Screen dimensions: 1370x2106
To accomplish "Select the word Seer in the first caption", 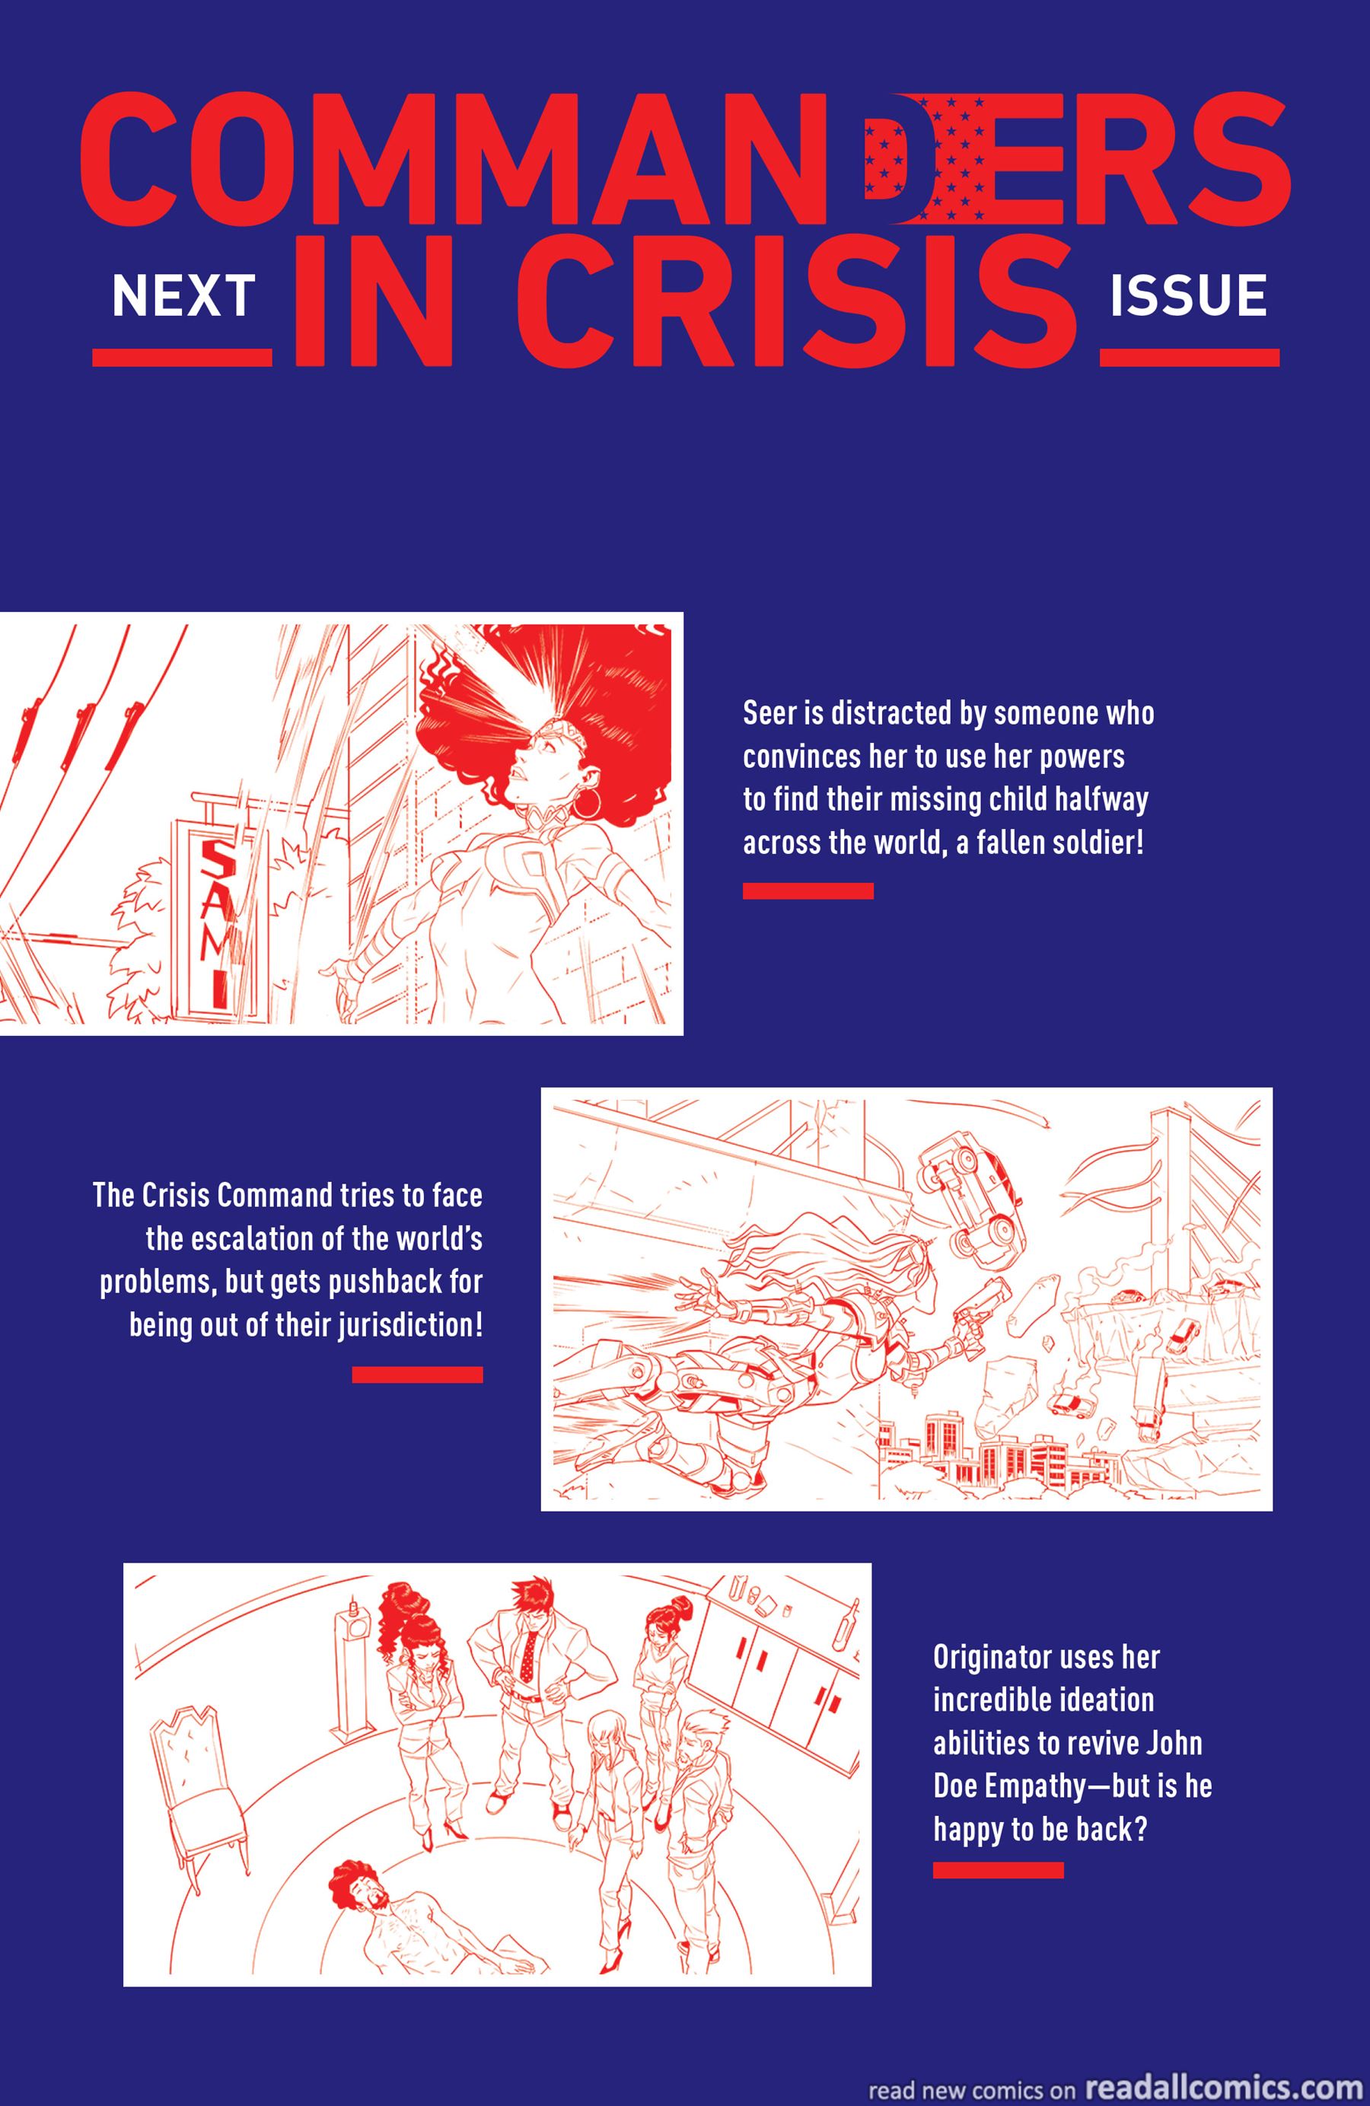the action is click(x=770, y=713).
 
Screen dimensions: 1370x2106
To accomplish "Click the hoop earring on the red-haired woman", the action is click(x=582, y=807).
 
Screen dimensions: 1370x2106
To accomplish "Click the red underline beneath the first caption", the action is click(x=808, y=891).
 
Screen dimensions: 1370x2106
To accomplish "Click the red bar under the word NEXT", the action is click(x=183, y=358).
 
